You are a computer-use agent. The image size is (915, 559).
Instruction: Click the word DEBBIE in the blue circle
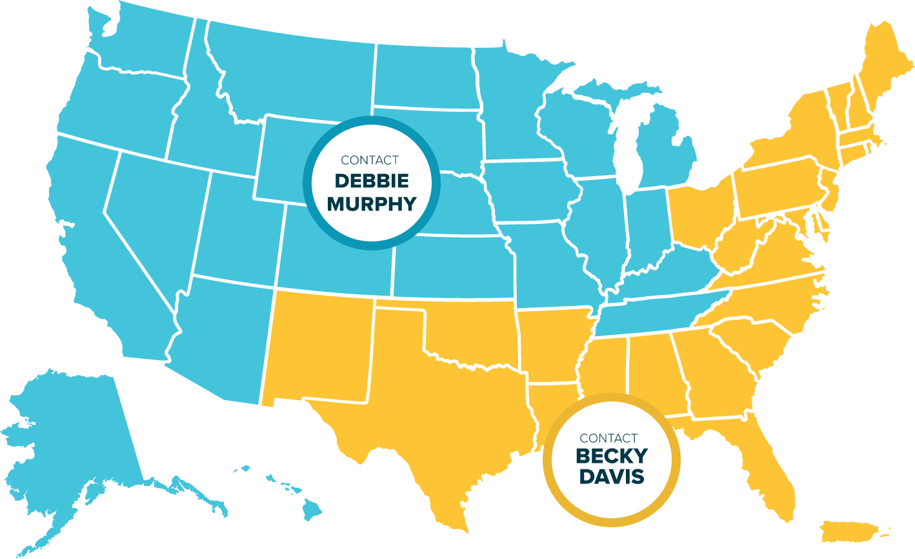coord(371,181)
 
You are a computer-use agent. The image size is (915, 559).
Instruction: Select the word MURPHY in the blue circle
coord(371,204)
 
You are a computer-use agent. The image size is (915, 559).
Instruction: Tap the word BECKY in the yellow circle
coord(610,456)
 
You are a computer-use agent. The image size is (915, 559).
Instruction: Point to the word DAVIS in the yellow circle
coord(610,477)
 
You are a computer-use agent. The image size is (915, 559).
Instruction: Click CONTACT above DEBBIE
coord(370,160)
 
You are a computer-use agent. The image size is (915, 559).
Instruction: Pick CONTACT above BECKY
coord(608,438)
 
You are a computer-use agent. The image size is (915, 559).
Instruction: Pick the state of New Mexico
coord(316,349)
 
